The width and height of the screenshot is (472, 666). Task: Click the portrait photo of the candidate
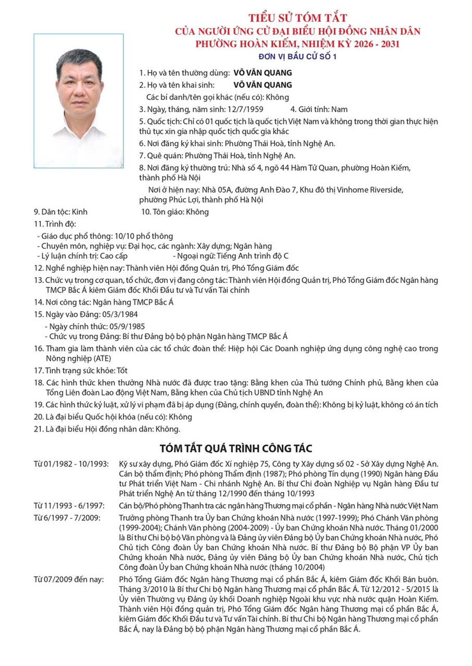pos(79,100)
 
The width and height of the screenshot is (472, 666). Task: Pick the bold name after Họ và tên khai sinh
pos(263,84)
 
